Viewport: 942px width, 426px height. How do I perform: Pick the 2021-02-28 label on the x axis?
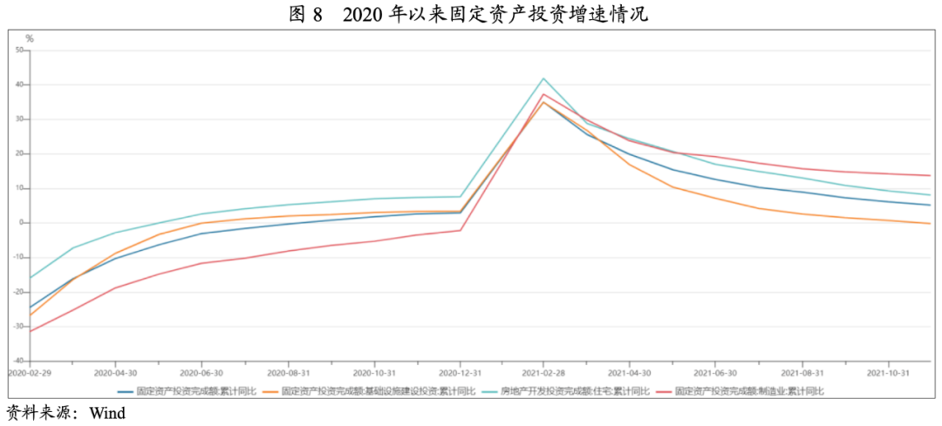tap(543, 371)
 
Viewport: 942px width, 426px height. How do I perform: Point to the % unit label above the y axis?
tap(29, 38)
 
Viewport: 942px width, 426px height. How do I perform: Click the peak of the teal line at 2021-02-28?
tap(543, 78)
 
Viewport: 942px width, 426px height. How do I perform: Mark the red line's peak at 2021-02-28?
tap(543, 94)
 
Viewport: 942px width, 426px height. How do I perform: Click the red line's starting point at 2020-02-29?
tap(31, 331)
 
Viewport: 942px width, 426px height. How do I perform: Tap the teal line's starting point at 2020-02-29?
tap(31, 278)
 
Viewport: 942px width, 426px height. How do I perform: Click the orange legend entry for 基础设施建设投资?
tap(366, 392)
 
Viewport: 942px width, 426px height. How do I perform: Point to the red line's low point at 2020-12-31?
tap(460, 230)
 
